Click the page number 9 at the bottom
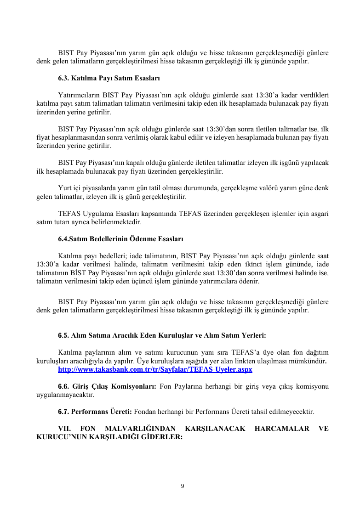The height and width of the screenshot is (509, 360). click(183, 486)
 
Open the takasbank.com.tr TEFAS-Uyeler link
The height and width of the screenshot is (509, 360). click(155, 369)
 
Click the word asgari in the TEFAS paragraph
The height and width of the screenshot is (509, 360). click(318, 214)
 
